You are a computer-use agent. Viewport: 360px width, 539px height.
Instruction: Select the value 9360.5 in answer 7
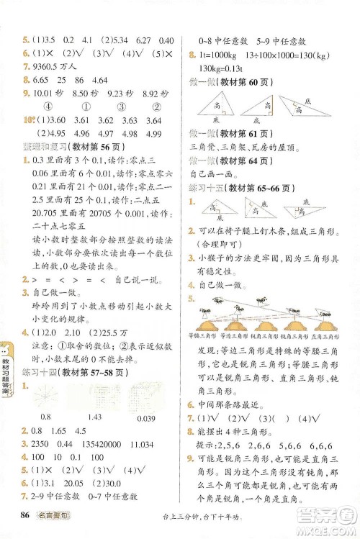[x=49, y=65]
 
